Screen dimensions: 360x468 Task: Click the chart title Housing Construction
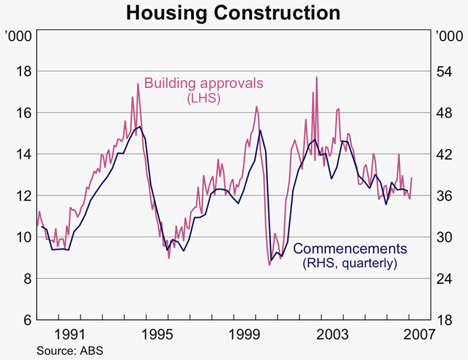click(234, 13)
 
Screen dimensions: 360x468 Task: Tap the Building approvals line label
click(203, 83)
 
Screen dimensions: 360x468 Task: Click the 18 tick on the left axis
click(21, 72)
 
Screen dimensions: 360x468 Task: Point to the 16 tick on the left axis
click(21, 113)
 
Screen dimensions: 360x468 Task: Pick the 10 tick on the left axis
click(21, 238)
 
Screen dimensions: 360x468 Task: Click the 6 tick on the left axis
click(24, 320)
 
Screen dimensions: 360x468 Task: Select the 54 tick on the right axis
click(445, 72)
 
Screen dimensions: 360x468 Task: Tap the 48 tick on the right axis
click(445, 113)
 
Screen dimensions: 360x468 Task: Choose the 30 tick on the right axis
click(445, 238)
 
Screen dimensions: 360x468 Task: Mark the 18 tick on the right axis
click(445, 320)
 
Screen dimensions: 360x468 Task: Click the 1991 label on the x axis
click(75, 334)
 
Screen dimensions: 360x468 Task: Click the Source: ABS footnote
click(70, 350)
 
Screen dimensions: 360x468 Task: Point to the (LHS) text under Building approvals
click(203, 97)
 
